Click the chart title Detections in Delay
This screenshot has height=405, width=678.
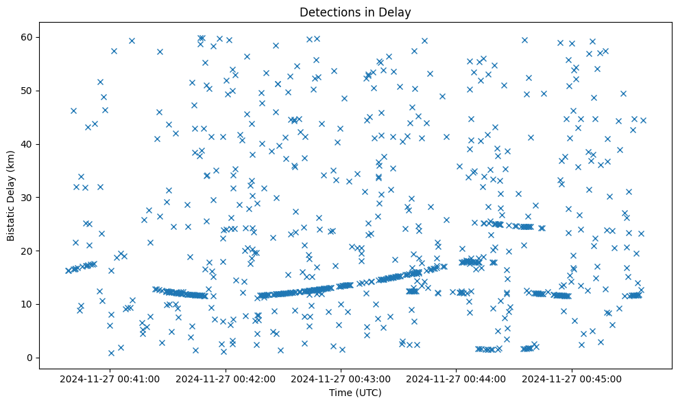pos(355,12)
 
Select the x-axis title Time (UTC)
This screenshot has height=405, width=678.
pos(355,393)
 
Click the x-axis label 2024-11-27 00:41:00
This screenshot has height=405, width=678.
pos(110,378)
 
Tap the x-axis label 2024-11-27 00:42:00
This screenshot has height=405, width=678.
pos(226,378)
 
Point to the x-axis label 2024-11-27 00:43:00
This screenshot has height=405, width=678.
pos(341,378)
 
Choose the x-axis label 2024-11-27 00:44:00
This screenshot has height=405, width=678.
pos(457,378)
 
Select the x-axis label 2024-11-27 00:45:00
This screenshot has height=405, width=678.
pos(572,378)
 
